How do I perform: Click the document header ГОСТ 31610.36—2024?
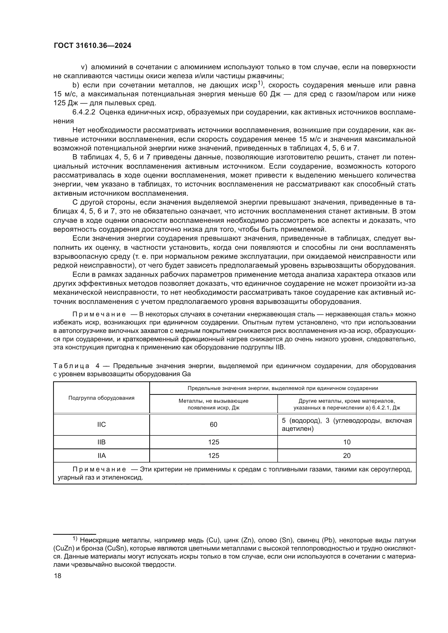[92, 46]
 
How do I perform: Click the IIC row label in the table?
[102, 424]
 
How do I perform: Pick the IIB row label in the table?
[102, 442]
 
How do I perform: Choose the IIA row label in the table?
[102, 455]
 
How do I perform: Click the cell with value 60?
[213, 424]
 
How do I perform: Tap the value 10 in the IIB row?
[346, 442]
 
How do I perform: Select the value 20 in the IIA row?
[346, 455]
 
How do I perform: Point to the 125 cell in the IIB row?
[213, 442]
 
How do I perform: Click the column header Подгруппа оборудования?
[101, 398]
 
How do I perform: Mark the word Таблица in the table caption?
[71, 366]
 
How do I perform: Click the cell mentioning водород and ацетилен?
[346, 424]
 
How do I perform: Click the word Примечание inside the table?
[99, 469]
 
